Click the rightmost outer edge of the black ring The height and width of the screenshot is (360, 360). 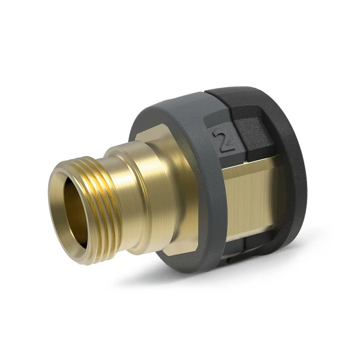[x=306, y=174]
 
